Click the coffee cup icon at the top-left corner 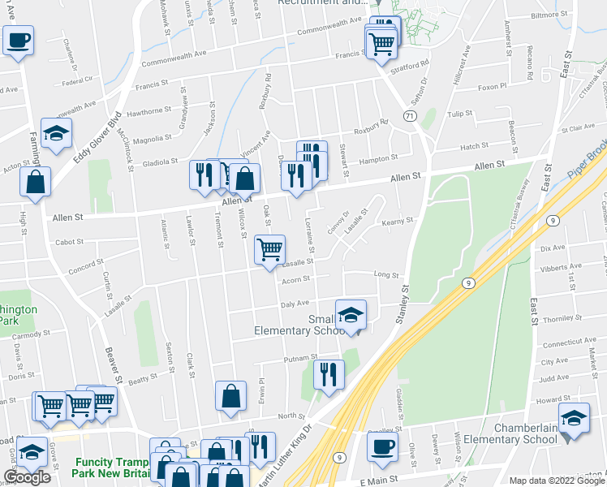coord(18,40)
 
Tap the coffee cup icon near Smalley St coord(382,446)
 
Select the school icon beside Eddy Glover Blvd coord(57,133)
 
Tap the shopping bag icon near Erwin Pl coord(231,397)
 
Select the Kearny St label coord(398,220)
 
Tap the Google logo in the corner coord(27,477)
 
